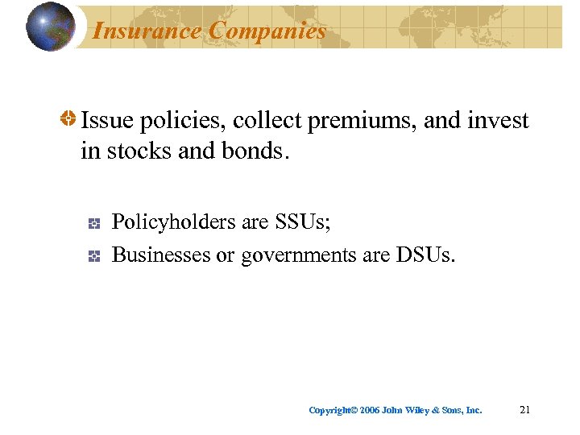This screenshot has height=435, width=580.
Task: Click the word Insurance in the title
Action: pyautogui.click(x=147, y=31)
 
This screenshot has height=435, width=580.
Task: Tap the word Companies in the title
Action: pyautogui.click(x=267, y=31)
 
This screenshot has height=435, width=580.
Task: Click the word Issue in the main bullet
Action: pyautogui.click(x=107, y=121)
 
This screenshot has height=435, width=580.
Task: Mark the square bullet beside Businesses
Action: pyautogui.click(x=94, y=256)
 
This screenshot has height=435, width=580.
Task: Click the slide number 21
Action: pyautogui.click(x=525, y=410)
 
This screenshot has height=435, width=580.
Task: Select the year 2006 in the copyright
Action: pyautogui.click(x=370, y=411)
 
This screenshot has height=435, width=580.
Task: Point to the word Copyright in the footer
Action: pyautogui.click(x=330, y=411)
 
